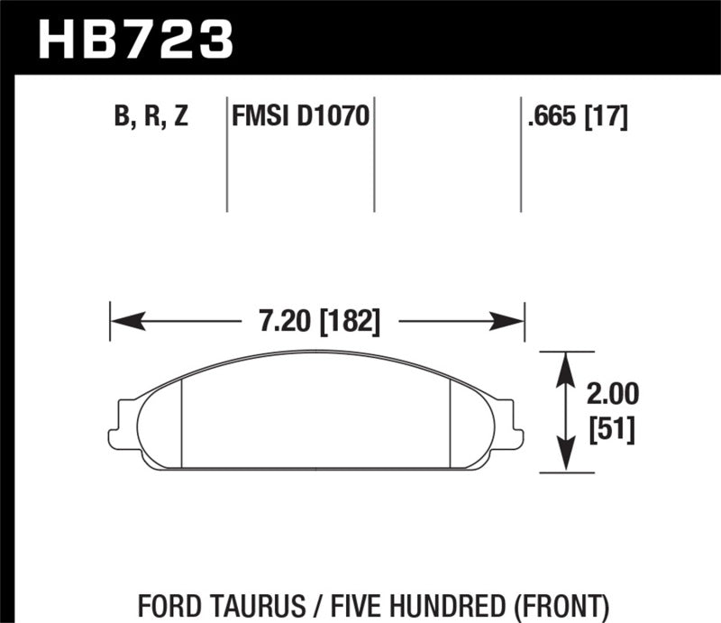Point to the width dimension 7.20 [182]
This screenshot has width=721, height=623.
pyautogui.click(x=319, y=321)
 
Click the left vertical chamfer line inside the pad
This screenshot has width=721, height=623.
pyautogui.click(x=182, y=422)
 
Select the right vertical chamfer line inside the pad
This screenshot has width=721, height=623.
pyautogui.click(x=449, y=422)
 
